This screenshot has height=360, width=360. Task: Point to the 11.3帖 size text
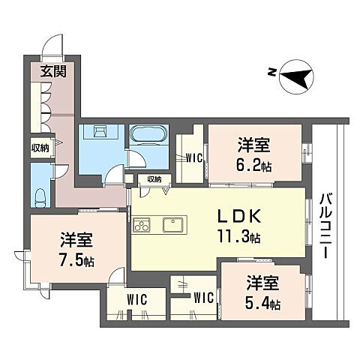pos(241,238)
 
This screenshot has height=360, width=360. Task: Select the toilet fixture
pos(40,198)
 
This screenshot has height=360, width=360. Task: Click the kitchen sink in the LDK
pos(173,224)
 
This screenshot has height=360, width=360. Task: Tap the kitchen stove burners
pos(142,225)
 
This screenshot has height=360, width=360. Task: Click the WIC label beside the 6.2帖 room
pos(192,157)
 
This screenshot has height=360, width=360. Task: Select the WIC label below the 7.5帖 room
pos(135,300)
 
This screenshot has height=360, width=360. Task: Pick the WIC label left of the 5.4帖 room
pos(202,298)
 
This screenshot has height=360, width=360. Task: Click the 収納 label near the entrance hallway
pos(40,148)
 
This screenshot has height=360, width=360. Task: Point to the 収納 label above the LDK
pos(154,179)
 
